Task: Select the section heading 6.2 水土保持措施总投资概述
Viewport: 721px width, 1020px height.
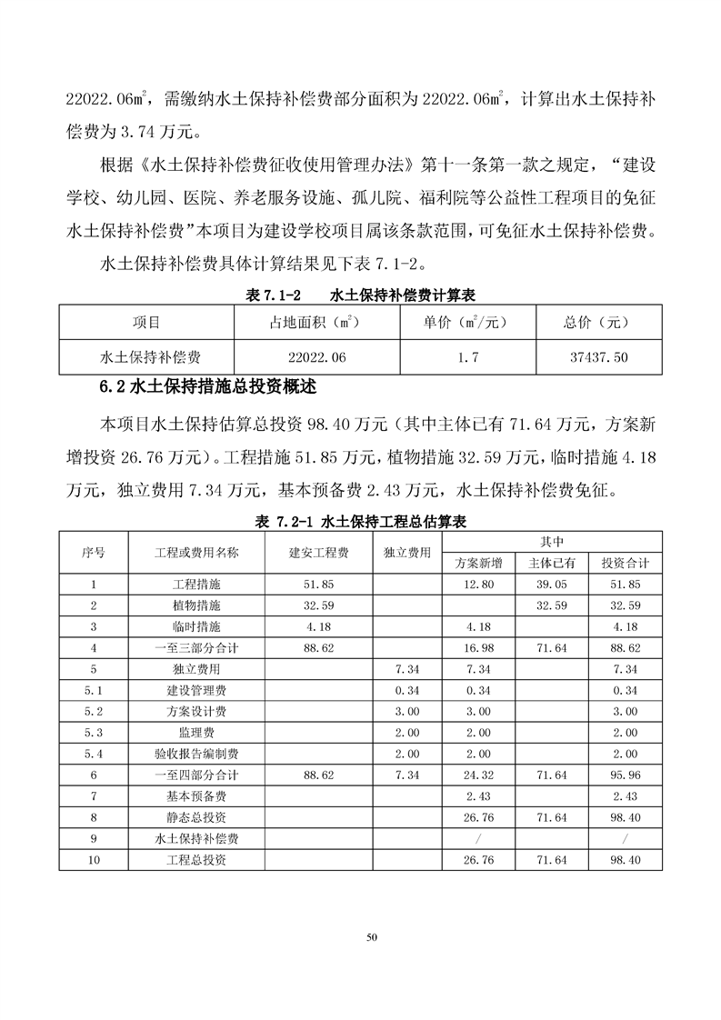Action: click(208, 385)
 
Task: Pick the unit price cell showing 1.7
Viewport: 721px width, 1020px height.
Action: click(468, 357)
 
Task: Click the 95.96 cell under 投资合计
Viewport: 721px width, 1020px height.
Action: click(626, 775)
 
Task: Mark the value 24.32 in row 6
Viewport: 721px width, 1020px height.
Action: click(478, 775)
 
